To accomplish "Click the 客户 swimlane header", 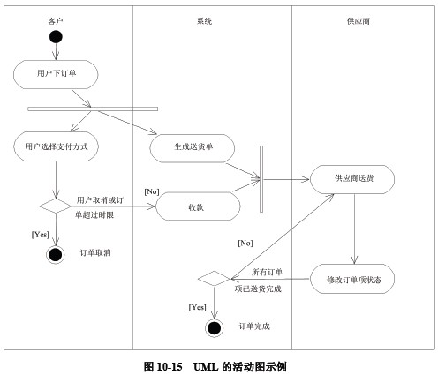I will click(55, 19).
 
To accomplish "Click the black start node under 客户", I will click(56, 36).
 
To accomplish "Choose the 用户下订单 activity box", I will click(56, 73).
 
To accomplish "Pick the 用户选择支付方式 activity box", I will click(56, 145).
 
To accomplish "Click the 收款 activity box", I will click(198, 207).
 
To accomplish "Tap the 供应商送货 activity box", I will click(353, 179).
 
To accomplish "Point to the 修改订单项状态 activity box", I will click(353, 279).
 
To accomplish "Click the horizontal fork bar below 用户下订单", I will click(93, 109).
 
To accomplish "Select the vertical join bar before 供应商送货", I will click(261, 179).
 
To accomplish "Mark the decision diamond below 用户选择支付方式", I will click(56, 206).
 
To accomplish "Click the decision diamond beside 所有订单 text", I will click(213, 279).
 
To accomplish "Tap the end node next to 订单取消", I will click(56, 254).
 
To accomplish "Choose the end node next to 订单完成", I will click(213, 327).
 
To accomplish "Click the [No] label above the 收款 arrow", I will click(152, 191).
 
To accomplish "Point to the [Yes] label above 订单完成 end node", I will click(198, 306).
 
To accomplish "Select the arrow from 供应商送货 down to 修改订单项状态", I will click(353, 229).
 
